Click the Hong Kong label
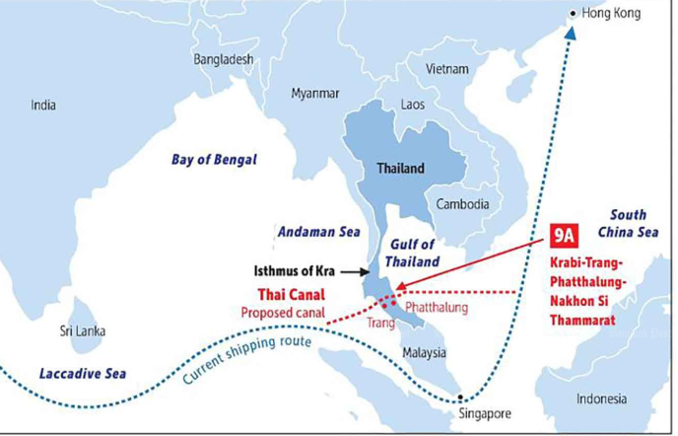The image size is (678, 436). click(612, 14)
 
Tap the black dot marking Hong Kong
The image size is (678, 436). click(576, 13)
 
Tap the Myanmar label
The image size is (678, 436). click(315, 93)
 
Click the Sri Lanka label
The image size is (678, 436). click(83, 330)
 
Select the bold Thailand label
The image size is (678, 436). click(400, 168)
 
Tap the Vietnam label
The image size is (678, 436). click(447, 69)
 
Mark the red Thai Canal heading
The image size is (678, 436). click(292, 294)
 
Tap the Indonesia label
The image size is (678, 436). click(601, 399)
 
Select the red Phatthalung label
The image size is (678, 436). click(440, 308)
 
